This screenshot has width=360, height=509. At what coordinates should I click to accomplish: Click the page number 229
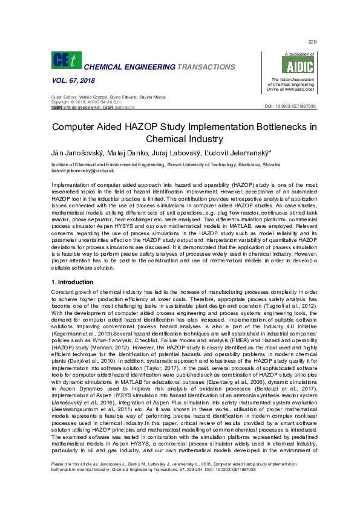[312, 42]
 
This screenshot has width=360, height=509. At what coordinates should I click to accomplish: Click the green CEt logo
[66, 60]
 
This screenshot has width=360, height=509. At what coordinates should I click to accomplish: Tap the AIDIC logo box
[291, 66]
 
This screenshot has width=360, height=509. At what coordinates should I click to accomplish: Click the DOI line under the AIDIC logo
[290, 106]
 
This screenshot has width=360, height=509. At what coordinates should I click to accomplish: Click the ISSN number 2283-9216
[124, 106]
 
